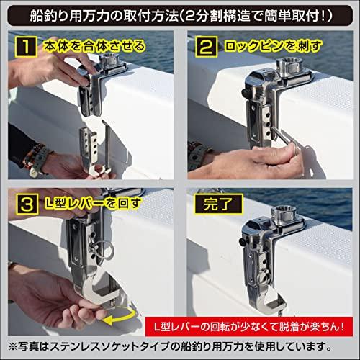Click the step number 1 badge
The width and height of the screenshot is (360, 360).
24,48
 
